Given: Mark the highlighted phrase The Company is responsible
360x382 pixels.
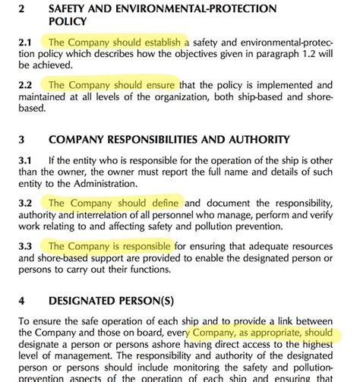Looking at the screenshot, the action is point(110,246).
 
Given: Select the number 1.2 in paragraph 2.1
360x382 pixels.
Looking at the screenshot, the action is point(317,55).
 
